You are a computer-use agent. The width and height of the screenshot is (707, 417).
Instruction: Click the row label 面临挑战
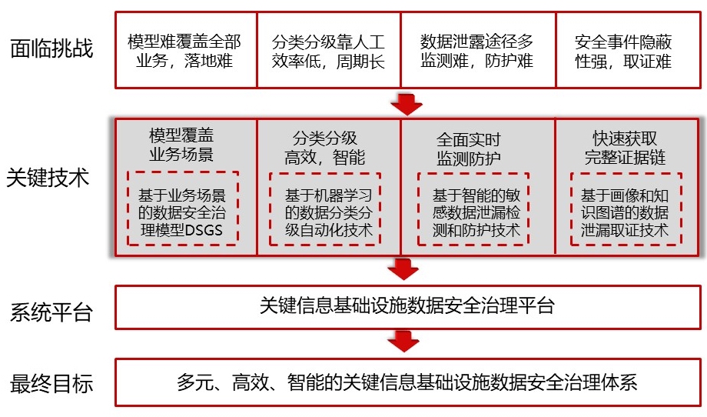(x=51, y=48)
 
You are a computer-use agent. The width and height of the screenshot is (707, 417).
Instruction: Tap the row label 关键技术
(x=48, y=178)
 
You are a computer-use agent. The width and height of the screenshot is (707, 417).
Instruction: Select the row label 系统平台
(x=51, y=312)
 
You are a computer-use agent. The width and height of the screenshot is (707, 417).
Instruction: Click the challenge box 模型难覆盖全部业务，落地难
(x=186, y=50)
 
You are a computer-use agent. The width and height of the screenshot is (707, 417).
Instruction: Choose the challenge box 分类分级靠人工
(x=329, y=50)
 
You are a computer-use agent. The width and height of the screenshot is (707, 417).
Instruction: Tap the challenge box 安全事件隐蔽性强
(x=629, y=50)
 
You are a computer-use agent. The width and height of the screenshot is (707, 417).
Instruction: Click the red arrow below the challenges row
(x=407, y=105)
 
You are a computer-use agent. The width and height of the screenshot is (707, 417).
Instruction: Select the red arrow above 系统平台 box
(x=403, y=269)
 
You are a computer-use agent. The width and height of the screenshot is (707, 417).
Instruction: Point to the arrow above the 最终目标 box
(x=403, y=341)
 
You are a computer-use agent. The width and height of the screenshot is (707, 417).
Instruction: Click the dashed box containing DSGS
(x=183, y=208)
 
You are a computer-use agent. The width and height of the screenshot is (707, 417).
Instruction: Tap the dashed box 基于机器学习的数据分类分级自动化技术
(x=325, y=209)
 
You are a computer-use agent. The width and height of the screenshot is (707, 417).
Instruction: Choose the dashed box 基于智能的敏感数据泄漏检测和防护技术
(x=473, y=209)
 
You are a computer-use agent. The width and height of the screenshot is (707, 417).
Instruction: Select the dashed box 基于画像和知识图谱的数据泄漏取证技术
(x=626, y=209)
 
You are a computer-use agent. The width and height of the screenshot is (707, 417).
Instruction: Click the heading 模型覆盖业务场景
(x=181, y=145)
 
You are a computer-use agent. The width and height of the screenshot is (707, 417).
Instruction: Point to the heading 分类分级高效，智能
(x=324, y=148)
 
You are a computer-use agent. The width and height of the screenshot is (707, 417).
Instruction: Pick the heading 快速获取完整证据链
(x=625, y=148)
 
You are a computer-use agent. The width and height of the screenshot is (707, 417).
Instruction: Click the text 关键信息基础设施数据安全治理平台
(x=407, y=305)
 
